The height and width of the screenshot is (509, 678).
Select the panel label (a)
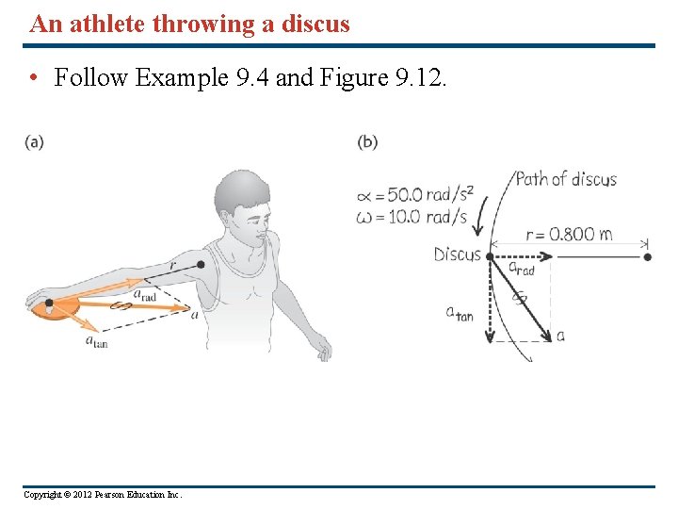coord(35,142)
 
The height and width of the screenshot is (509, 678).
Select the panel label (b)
coord(367,142)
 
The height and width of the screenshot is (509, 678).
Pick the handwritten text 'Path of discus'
coord(566,179)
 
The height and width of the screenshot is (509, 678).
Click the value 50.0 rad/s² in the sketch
coord(425,196)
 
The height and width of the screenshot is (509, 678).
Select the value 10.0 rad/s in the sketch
coord(423,217)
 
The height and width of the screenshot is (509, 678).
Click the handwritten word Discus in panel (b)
coord(457,254)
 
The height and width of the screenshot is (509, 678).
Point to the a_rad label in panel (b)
coord(521,269)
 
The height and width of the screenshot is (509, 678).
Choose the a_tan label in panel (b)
coord(460,313)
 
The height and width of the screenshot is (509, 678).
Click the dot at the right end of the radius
coord(647,255)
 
